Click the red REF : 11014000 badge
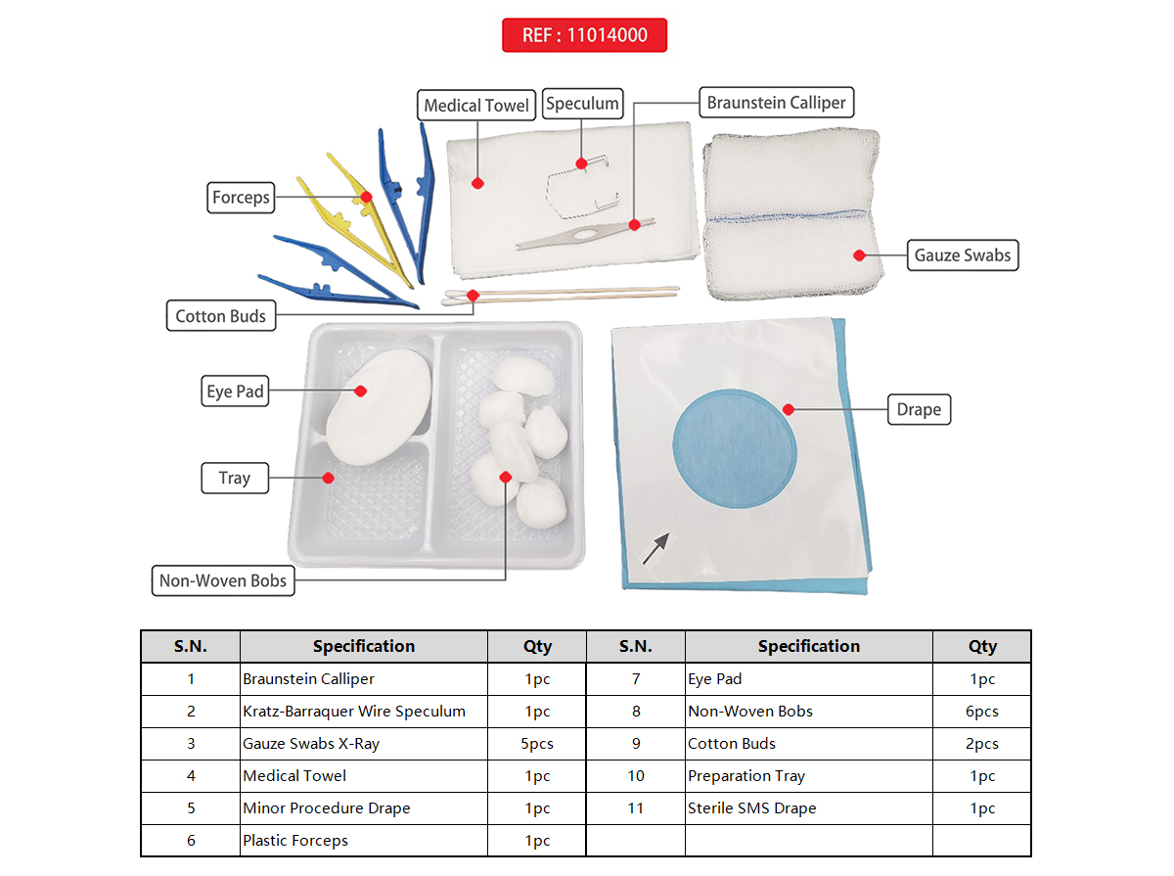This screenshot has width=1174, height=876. pos(584,35)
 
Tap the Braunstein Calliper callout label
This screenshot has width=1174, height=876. pos(776,103)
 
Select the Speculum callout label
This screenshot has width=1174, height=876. pos(582,103)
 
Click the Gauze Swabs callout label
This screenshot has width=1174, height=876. pos(963,255)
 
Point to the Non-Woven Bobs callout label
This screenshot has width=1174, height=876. pos(223,580)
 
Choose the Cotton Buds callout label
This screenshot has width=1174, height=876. pos(220,316)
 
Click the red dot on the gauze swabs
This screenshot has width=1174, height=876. pos(859,255)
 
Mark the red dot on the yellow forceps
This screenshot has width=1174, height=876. pos(366,197)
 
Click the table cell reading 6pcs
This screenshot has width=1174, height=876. pos(981,712)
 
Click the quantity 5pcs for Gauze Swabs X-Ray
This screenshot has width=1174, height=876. pos(537,744)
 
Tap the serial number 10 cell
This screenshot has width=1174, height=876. pos(636,776)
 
